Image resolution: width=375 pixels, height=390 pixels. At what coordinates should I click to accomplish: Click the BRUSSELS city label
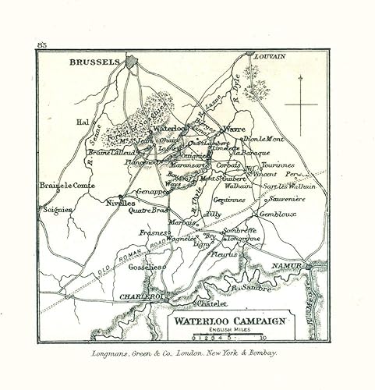click(94, 62)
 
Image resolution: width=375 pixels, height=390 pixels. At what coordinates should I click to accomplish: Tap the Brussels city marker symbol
click(130, 60)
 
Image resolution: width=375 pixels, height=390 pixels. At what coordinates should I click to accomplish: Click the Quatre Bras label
click(150, 209)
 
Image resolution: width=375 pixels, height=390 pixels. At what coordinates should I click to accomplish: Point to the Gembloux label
click(278, 214)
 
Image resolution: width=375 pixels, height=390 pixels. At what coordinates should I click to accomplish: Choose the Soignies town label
click(57, 210)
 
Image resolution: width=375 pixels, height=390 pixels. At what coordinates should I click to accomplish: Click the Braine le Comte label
click(67, 186)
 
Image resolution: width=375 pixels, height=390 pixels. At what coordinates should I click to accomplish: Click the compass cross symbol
click(302, 104)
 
